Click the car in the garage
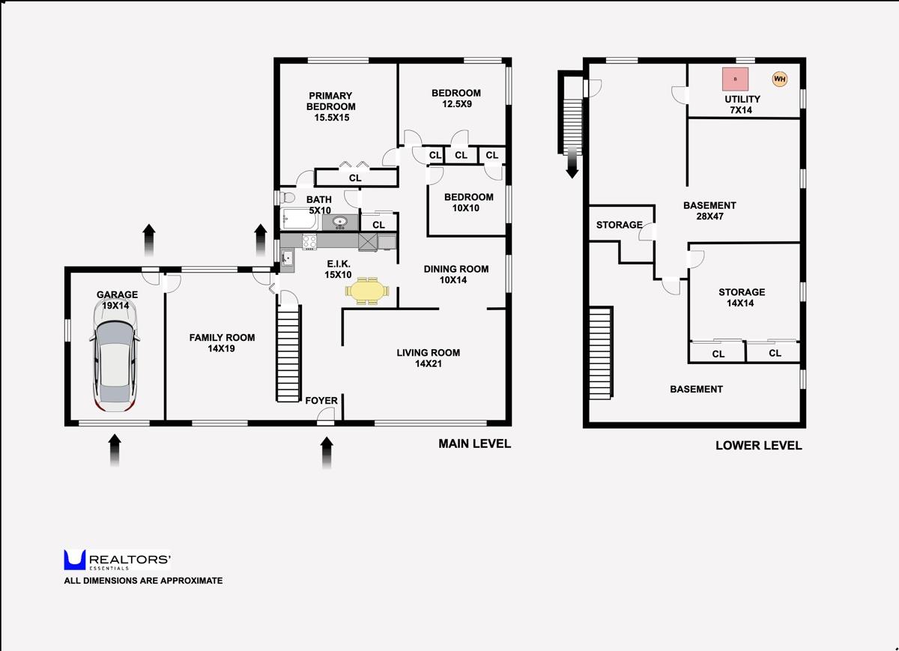(115, 354)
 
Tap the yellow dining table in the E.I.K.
(367, 291)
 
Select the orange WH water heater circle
(779, 79)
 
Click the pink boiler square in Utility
(735, 79)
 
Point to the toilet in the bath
(287, 197)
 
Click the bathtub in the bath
(300, 219)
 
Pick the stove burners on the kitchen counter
(309, 241)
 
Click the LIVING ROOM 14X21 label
(429, 358)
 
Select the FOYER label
(321, 401)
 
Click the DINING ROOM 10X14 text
(456, 274)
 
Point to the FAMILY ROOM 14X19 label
(222, 343)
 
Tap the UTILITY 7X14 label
(742, 104)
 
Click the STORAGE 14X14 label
(742, 297)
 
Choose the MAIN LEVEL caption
(474, 443)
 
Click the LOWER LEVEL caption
(758, 445)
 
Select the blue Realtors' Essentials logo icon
(75, 560)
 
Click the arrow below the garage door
(115, 450)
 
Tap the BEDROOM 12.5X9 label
(456, 98)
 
